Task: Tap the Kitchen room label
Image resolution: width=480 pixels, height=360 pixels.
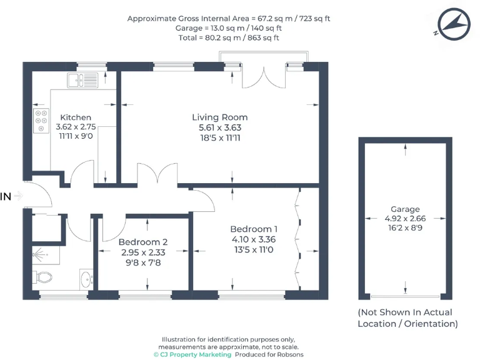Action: (76, 117)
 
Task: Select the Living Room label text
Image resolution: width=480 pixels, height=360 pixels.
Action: (219, 117)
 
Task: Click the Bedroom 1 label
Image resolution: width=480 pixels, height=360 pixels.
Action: (254, 229)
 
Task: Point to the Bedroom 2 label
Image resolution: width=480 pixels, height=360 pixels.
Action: (143, 241)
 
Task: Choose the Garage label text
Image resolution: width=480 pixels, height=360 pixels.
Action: (406, 209)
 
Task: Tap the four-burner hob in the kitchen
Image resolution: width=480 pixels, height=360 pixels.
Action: (41, 119)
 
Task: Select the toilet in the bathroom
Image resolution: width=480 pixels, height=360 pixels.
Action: (44, 277)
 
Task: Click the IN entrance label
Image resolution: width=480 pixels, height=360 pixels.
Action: (6, 196)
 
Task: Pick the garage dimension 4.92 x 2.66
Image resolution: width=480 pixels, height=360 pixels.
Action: (406, 219)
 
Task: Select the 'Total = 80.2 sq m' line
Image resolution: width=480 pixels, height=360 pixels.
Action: (229, 37)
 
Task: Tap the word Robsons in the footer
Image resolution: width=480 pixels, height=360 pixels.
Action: (289, 354)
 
